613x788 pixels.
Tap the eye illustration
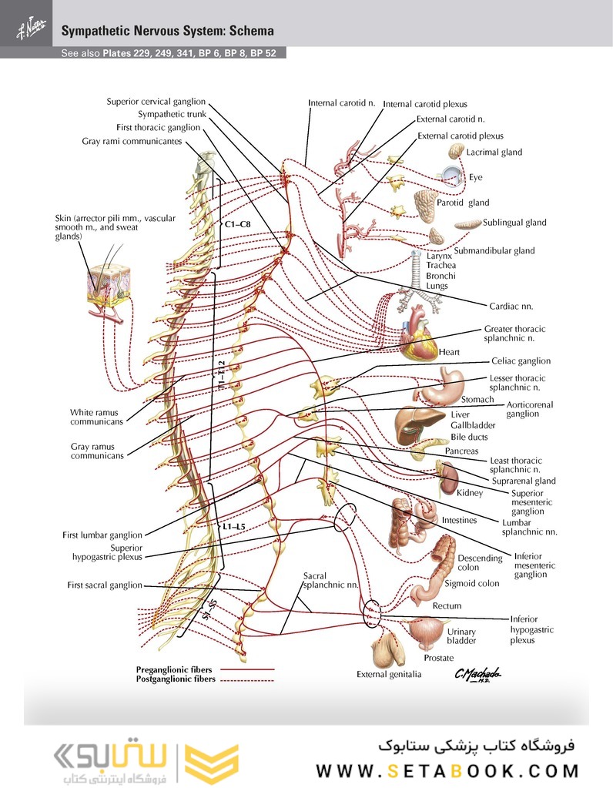(455, 176)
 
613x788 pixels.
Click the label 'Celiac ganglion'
(522, 360)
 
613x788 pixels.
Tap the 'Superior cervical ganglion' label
(156, 101)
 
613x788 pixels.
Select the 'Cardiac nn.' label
(511, 306)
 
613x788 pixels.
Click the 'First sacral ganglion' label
(105, 585)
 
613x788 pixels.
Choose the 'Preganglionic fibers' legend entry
(174, 670)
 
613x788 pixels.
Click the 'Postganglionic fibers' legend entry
(176, 679)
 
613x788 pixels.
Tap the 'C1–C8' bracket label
(237, 224)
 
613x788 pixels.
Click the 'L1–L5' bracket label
(233, 526)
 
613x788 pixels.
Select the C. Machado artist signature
(477, 674)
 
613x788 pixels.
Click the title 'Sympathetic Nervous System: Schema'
(167, 32)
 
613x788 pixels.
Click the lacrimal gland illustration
(457, 151)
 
